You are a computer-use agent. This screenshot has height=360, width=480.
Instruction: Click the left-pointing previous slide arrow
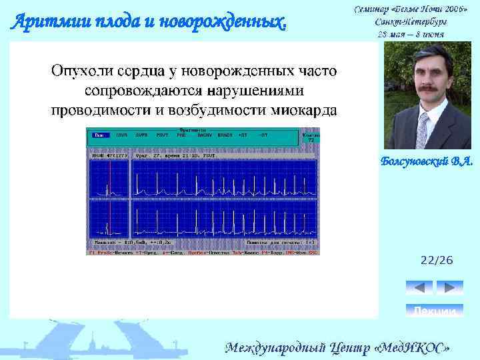(419, 287)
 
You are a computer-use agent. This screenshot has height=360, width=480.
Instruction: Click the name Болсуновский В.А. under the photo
(426, 161)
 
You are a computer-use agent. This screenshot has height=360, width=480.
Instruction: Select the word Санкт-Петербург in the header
(410, 21)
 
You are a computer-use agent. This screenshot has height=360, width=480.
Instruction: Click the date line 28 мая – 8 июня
(411, 33)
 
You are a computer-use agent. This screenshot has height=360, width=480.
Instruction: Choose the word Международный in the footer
(273, 347)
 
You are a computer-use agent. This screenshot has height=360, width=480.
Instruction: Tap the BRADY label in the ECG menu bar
(226, 135)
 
